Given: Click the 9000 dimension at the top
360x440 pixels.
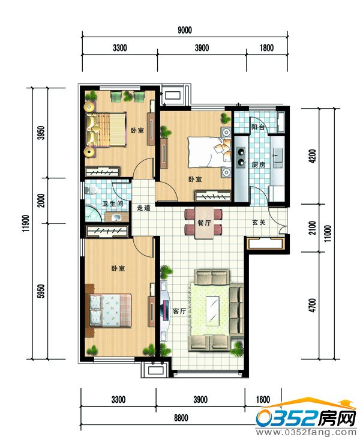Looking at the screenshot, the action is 185,30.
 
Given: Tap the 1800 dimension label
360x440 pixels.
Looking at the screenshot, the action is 266,47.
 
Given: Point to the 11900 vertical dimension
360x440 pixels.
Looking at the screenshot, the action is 26,223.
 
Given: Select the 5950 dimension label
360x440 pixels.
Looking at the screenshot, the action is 41,291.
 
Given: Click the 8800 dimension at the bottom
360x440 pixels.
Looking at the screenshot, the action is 181,418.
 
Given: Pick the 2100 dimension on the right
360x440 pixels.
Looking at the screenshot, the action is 312,228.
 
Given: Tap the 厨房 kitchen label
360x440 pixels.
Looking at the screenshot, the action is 259,164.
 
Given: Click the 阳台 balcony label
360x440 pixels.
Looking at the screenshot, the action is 258,127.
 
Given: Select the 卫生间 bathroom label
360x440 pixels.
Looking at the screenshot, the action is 113,203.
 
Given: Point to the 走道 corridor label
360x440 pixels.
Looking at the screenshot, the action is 143,208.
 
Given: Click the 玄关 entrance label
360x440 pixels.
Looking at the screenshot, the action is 259,223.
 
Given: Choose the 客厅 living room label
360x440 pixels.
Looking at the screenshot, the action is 179,311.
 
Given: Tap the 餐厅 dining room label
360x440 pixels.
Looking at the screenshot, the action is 204,223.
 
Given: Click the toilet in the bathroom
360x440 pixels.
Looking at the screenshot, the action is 91,190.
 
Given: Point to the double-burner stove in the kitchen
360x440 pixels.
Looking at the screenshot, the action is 241,157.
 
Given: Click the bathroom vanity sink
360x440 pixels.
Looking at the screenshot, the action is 116,217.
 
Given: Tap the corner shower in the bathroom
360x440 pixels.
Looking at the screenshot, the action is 92,214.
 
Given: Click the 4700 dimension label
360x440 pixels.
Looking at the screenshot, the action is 312,305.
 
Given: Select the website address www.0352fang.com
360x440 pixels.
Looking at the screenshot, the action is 306,432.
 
